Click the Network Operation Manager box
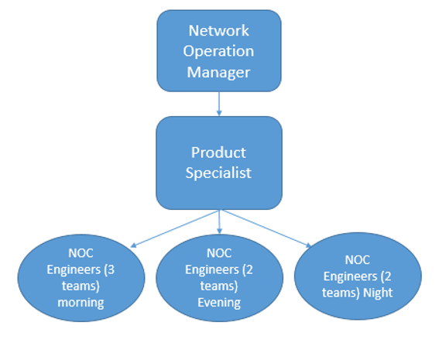219,51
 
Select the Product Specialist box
219,163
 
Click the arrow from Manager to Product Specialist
219,104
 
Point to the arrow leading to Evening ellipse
220,222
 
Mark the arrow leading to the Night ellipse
267,228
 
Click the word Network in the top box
219,31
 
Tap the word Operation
219,51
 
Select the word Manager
219,72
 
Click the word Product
218,152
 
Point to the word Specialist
218,173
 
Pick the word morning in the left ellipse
81,302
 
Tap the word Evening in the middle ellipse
219,302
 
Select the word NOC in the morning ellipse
81,253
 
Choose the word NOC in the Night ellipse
358,260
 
